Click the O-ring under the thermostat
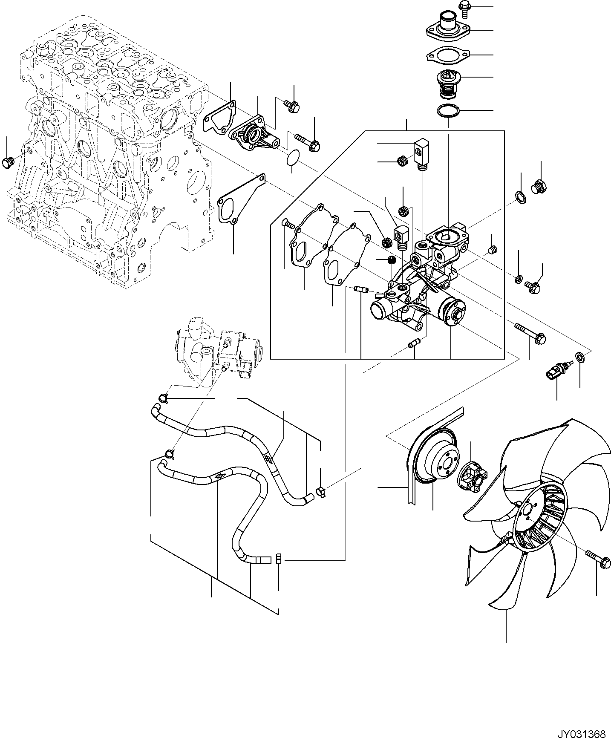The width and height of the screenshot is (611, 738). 448,111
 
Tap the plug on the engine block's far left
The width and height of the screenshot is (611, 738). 8,162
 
